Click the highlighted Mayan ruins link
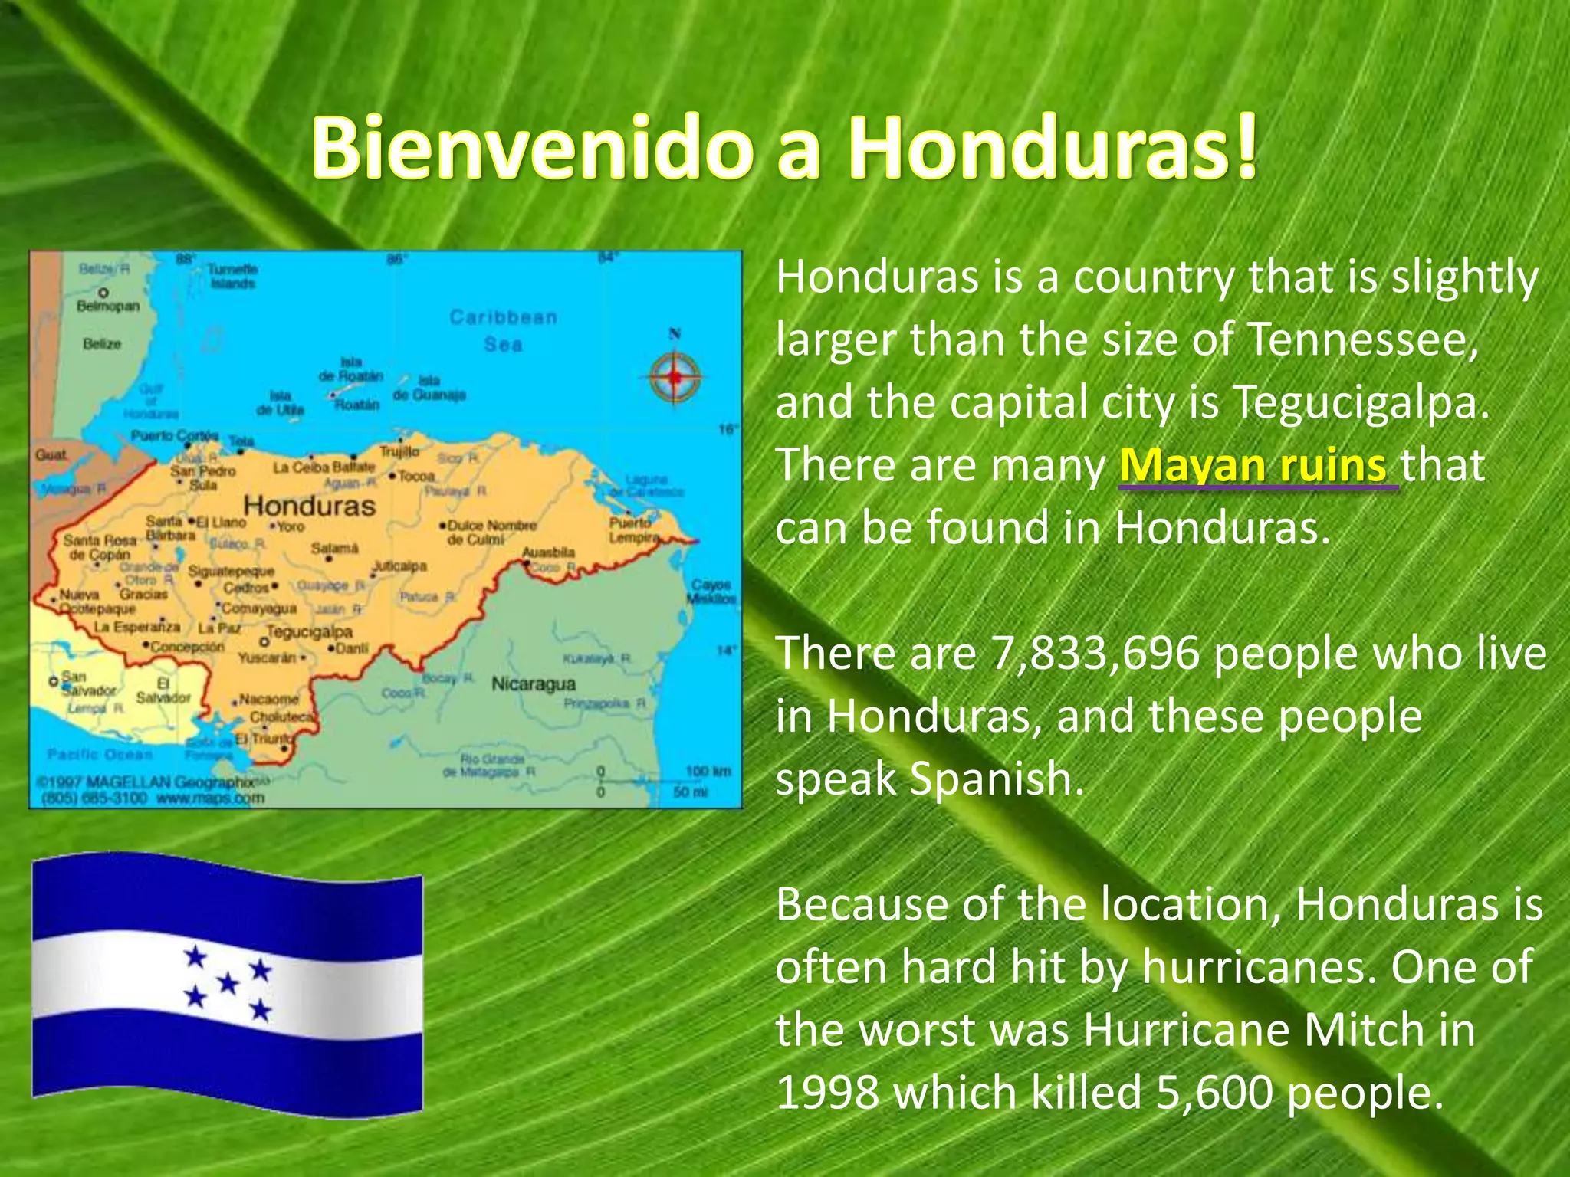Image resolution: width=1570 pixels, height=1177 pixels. coord(1253,465)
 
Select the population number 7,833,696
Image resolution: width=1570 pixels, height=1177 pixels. coord(1095,654)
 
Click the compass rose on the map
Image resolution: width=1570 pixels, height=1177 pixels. coord(674,376)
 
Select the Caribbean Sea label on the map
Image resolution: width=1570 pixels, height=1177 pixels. coord(503,330)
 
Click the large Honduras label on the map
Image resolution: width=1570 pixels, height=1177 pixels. coord(309,507)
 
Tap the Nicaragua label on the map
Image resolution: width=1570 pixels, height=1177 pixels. coord(533,684)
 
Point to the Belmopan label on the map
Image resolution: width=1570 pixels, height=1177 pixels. coord(108,307)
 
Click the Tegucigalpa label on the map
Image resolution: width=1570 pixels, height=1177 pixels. coord(309,632)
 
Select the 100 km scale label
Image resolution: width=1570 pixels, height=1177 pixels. coord(708,771)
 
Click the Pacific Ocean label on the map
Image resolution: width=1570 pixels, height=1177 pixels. coord(100,755)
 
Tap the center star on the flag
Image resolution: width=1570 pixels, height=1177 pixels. coord(228,982)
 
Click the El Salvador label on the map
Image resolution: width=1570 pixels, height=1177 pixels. coord(163,690)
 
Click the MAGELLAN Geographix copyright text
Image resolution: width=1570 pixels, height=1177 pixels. coord(146,782)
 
